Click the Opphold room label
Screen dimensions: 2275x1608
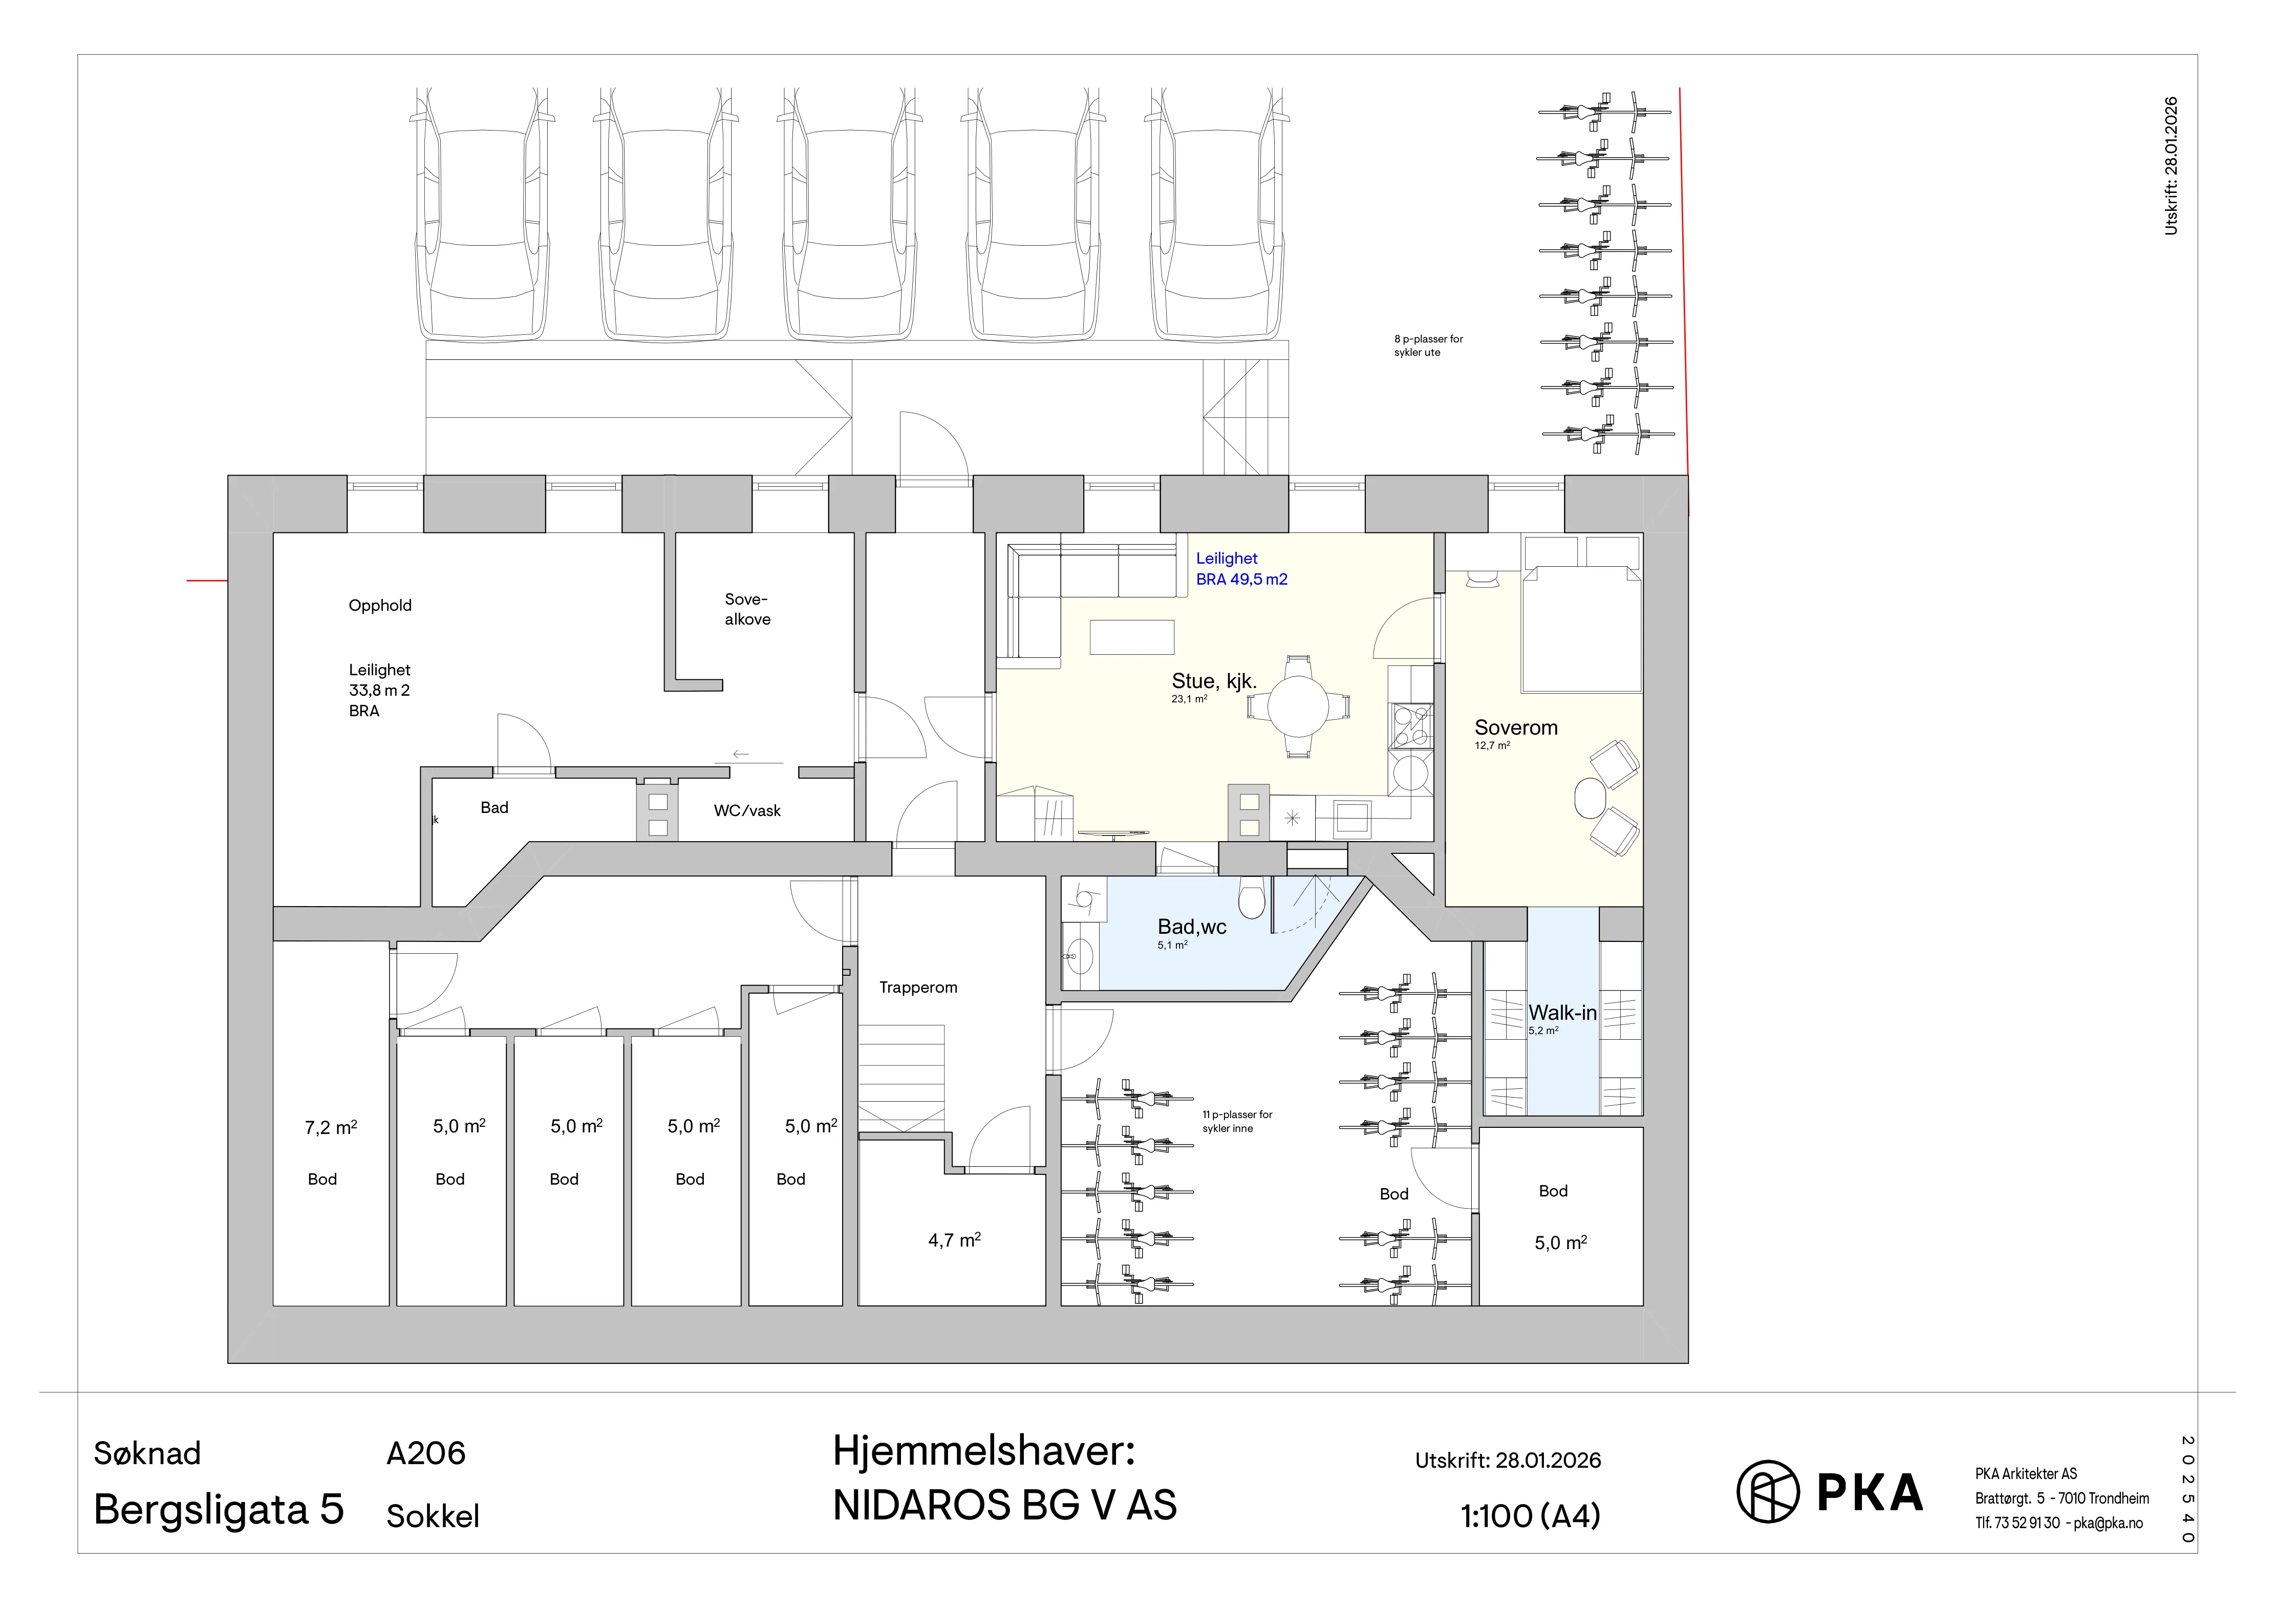(x=379, y=605)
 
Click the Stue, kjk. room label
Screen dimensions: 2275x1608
(x=1214, y=681)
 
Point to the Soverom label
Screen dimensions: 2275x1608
(x=1516, y=727)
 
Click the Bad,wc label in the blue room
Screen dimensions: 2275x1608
(x=1192, y=927)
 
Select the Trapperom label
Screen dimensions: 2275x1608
(x=918, y=988)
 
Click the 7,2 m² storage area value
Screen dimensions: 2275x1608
(x=331, y=1127)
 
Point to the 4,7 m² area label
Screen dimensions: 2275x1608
(x=954, y=1239)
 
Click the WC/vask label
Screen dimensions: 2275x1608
(x=747, y=810)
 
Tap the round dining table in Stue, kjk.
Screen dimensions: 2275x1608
(x=1298, y=706)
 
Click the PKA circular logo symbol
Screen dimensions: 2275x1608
(x=1768, y=1491)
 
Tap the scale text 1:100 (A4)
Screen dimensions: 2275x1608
(x=1531, y=1516)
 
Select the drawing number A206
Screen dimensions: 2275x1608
(x=426, y=1453)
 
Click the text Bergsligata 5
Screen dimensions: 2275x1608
(x=219, y=1510)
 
